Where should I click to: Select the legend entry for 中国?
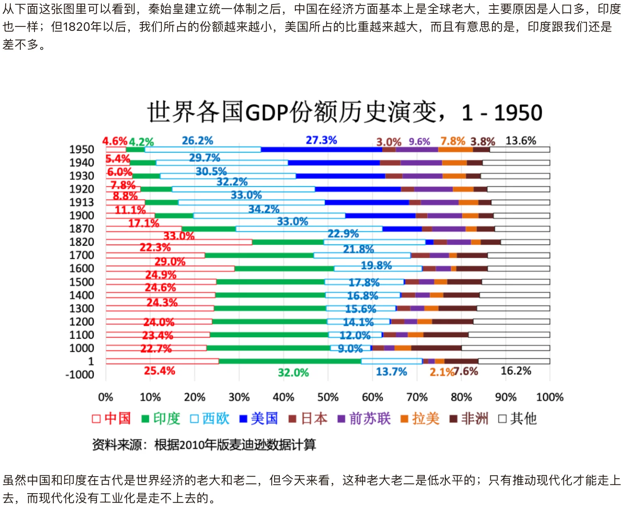(x=112, y=418)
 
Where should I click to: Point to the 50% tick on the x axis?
(x=328, y=397)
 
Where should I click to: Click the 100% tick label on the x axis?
(x=550, y=397)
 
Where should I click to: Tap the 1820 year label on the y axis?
(x=82, y=242)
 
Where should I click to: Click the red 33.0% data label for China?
(x=179, y=236)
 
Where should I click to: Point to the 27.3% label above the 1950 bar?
(x=321, y=140)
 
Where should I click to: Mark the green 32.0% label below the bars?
(x=293, y=372)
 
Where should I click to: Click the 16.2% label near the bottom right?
(x=516, y=371)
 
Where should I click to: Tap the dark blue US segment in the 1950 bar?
(x=321, y=150)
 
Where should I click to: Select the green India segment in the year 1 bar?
(x=290, y=361)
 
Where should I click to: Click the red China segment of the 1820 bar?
(x=179, y=242)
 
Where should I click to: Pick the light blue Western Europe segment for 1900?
(x=269, y=216)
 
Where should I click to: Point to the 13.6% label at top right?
(x=521, y=141)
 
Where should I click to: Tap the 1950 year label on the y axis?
(x=82, y=150)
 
